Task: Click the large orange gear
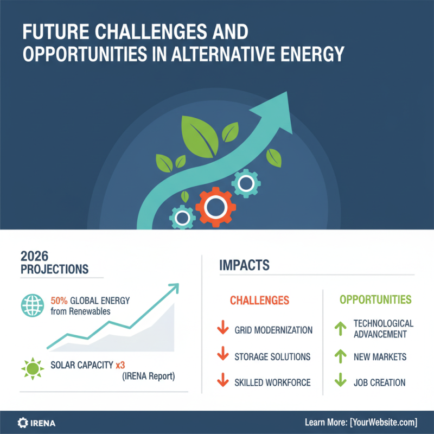216,206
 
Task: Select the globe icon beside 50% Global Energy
31,305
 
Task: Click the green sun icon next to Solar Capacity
31,369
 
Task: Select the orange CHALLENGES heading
259,300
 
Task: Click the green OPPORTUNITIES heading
375,299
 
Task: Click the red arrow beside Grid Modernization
222,329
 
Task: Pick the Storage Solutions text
272,356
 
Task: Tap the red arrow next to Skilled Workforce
222,382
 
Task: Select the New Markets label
380,357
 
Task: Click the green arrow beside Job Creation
340,382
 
